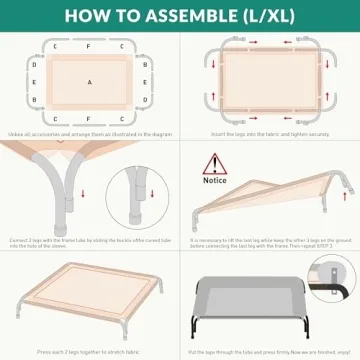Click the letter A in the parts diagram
point(89,82)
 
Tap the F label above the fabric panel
point(89,46)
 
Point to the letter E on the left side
point(34,82)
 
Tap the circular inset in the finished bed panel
point(329,276)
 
